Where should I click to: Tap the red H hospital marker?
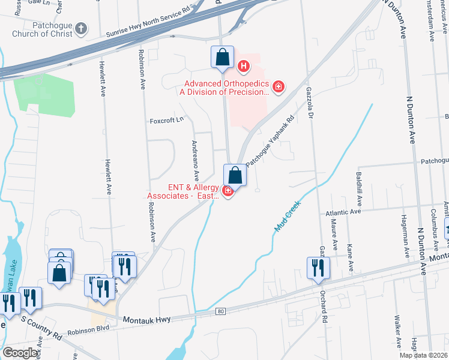click(x=244, y=66)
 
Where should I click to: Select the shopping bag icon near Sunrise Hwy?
click(x=222, y=58)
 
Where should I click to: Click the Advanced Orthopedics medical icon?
click(x=278, y=88)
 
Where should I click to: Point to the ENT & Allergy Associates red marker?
click(x=228, y=191)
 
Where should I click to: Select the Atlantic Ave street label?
click(x=343, y=212)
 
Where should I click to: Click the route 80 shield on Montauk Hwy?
click(x=221, y=311)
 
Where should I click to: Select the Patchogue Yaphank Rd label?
click(x=271, y=140)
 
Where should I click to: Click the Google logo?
click(x=20, y=353)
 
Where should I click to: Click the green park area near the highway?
click(x=45, y=92)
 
